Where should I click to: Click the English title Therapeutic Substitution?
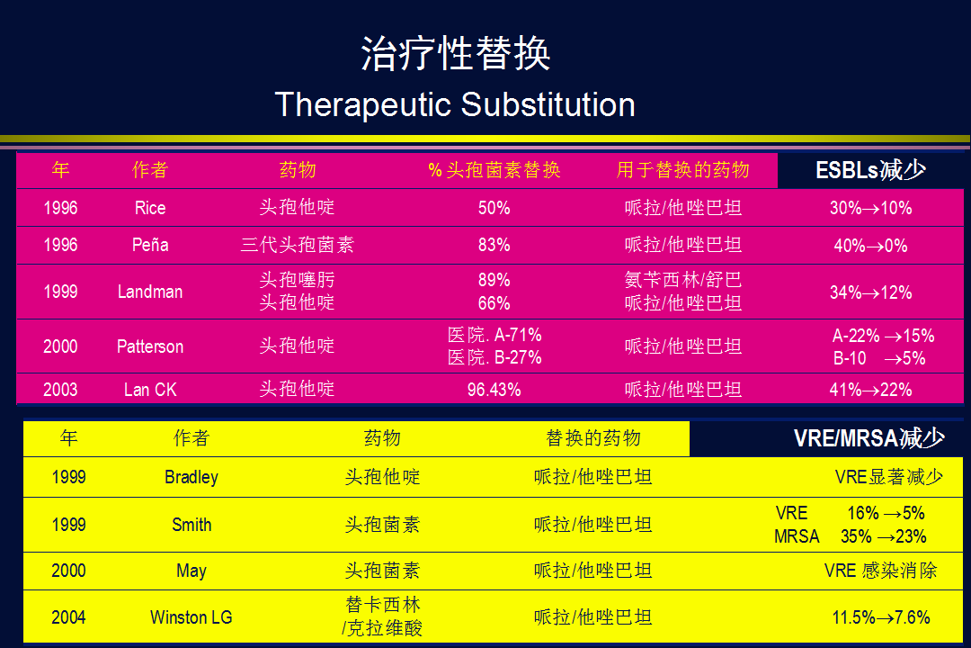(455, 104)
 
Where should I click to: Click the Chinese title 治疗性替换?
(455, 53)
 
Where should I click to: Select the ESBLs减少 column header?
(870, 170)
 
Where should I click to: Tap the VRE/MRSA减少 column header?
(869, 438)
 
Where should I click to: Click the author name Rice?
(150, 208)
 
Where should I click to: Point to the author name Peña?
(150, 245)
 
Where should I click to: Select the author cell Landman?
(150, 292)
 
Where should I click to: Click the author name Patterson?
(150, 346)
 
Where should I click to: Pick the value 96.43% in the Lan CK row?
(494, 390)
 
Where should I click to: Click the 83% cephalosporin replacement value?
(494, 245)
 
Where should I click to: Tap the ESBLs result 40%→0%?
(870, 246)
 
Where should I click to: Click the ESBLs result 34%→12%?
(870, 292)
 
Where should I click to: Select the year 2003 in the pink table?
(61, 390)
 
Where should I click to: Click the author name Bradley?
(192, 477)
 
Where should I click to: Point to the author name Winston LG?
(192, 617)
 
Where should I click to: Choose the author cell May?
(192, 571)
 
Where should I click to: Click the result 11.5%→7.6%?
(881, 617)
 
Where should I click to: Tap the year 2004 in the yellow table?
(68, 617)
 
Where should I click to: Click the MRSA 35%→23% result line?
(851, 536)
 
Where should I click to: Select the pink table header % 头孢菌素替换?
(494, 170)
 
